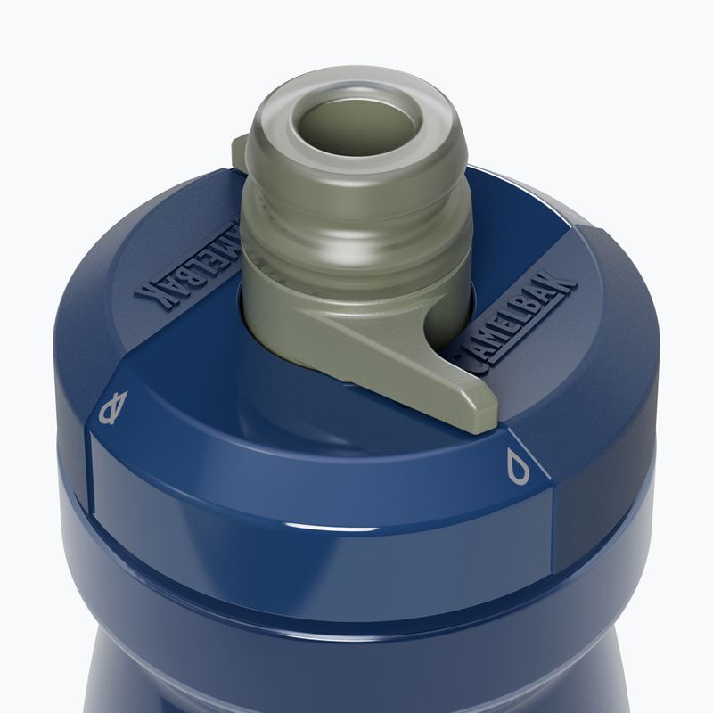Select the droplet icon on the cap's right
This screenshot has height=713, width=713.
(519, 465)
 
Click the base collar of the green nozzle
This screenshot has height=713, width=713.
(294, 285)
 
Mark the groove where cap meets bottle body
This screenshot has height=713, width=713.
(356, 579)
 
